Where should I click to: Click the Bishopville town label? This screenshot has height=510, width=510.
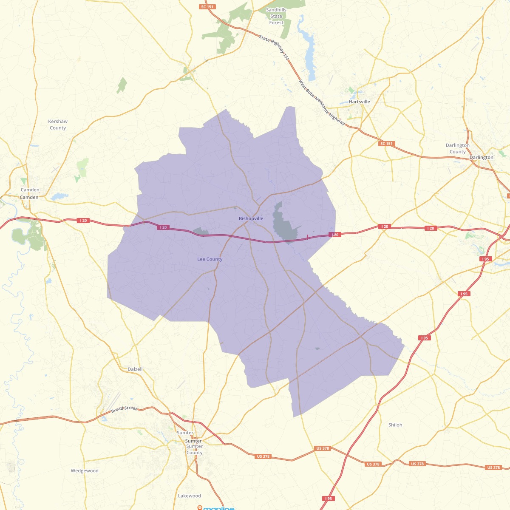tap(251, 218)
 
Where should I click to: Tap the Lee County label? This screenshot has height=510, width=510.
tap(210, 259)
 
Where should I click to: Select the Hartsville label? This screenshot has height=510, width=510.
tap(359, 102)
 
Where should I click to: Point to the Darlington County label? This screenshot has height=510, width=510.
tap(457, 148)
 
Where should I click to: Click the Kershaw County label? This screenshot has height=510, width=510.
tap(58, 125)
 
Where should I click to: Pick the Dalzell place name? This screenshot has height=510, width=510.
tap(135, 369)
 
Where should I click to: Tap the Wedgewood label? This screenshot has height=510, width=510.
tap(85, 470)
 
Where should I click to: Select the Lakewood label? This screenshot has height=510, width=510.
tap(190, 496)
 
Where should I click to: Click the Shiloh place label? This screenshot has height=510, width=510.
tap(395, 425)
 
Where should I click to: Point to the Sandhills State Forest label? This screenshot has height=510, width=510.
tap(276, 16)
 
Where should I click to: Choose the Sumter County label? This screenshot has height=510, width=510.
tap(194, 450)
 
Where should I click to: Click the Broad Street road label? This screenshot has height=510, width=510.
tap(124, 409)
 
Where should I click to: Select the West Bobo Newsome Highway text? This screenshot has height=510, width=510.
tap(322, 102)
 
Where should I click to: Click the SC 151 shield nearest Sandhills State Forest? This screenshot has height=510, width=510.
tap(207, 7)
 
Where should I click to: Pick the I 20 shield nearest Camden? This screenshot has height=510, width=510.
tap(83, 221)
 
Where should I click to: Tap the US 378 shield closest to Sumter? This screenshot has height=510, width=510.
tap(263, 456)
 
